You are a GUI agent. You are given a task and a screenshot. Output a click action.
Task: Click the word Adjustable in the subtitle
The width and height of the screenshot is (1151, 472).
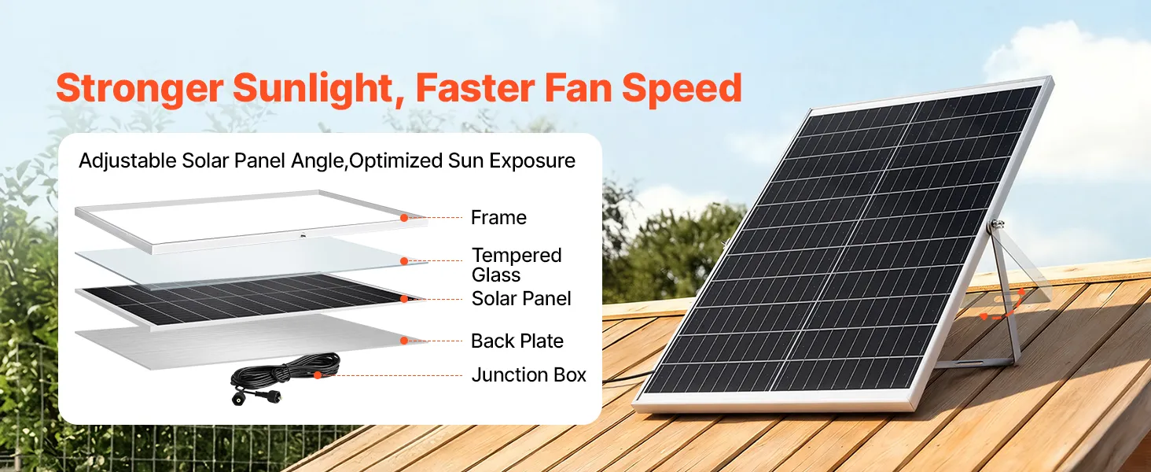127,161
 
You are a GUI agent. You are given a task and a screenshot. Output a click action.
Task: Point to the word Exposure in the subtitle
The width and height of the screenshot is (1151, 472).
531,161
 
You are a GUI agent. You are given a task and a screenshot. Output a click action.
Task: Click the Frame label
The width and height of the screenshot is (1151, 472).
498,217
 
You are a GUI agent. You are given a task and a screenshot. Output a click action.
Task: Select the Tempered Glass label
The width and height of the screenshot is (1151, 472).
517,265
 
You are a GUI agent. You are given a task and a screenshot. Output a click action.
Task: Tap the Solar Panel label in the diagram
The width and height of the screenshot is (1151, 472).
521,298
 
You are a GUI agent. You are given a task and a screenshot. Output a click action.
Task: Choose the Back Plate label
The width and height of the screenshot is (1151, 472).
517,341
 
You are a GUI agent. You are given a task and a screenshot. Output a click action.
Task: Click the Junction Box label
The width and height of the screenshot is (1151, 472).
529,374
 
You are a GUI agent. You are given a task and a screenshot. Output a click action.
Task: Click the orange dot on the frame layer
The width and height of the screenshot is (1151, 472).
404,218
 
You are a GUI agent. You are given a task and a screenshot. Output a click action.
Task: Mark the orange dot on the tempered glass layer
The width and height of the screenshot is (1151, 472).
404,261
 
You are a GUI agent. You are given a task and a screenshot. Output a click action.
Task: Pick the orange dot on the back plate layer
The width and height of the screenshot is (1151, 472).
404,341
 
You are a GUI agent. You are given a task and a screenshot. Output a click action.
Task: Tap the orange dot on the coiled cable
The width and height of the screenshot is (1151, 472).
318,375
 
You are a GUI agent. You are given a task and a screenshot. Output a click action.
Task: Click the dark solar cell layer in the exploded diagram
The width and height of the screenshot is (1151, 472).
247,299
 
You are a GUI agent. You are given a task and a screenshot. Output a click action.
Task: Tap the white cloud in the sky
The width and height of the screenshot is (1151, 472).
1074,103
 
